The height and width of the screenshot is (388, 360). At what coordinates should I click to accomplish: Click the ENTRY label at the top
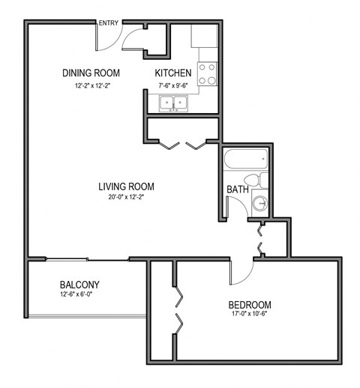[x=108, y=23]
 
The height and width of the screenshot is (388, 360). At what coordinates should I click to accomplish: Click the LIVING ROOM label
[x=126, y=187]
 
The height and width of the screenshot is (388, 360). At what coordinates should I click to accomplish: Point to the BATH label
[x=237, y=190]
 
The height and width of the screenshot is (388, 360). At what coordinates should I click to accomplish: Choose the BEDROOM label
[x=250, y=305]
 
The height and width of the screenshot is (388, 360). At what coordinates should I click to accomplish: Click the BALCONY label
[x=79, y=285]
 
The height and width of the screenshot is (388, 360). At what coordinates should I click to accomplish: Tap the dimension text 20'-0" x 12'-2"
[x=126, y=198]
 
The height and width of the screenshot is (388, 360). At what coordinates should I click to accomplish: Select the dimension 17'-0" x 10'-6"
[x=250, y=316]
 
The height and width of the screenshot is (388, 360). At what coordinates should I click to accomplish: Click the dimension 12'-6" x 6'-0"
[x=79, y=295]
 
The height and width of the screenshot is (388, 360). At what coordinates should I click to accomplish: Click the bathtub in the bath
[x=245, y=159]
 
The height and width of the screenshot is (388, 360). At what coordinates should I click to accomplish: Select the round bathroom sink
[x=259, y=202]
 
